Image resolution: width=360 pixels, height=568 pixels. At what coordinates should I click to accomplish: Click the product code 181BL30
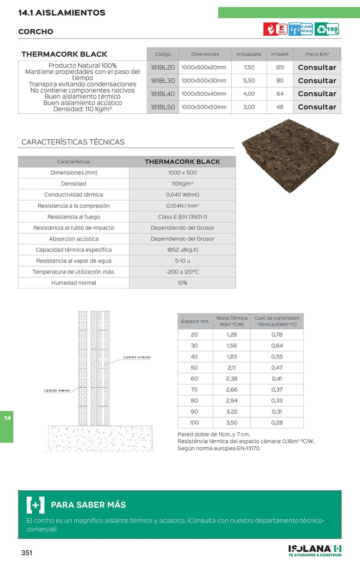coord(163,81)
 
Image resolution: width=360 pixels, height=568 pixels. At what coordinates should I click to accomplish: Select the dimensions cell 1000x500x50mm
coord(204,107)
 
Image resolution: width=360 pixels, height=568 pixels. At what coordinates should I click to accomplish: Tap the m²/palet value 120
coord(280,67)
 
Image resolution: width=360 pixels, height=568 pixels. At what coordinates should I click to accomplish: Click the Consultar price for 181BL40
coord(317,94)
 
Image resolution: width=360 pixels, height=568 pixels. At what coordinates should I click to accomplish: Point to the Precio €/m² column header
coord(317,54)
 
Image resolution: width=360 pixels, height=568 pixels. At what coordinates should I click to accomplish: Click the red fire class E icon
coord(275,29)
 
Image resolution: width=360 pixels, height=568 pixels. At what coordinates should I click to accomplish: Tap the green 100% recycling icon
coord(328,29)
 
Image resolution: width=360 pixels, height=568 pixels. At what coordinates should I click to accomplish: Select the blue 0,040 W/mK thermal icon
coord(301,29)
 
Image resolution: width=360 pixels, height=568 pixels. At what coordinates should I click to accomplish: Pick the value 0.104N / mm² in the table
coord(182,206)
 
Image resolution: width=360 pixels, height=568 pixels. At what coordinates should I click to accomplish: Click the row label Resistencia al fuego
coord(74,217)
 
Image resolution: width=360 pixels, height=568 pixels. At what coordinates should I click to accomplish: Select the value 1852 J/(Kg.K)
coord(182,250)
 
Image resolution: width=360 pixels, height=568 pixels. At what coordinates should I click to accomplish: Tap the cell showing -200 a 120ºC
coord(182,272)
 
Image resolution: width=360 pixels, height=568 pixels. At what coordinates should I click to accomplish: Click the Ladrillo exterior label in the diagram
coord(137,357)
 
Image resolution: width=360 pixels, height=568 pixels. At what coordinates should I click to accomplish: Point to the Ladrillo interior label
coord(57,390)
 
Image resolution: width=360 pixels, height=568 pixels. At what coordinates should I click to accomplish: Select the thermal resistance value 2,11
coord(232,367)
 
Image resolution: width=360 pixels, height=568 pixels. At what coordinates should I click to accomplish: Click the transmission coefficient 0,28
coord(277,423)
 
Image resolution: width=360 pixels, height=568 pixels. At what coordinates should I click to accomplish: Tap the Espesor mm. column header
coord(195,321)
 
